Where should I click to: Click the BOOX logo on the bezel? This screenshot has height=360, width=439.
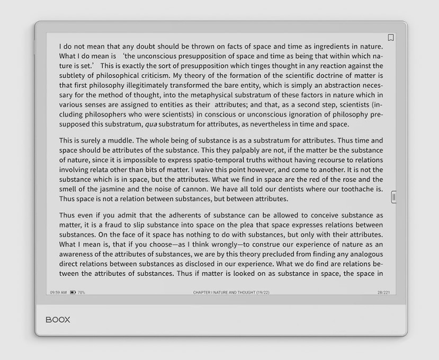point(58,320)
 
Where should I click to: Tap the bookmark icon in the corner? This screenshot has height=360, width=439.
point(391,38)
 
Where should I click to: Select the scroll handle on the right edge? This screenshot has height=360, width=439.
point(393,197)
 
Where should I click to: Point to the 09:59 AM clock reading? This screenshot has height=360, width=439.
point(58,292)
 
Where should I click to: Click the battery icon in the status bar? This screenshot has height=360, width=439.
point(73,292)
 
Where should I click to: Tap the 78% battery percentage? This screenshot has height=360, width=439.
point(82,292)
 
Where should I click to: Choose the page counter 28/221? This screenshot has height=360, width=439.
point(383,292)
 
